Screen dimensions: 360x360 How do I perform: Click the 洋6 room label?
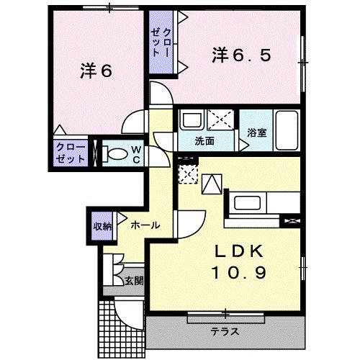point(95,71)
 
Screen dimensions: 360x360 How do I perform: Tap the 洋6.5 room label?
point(241,54)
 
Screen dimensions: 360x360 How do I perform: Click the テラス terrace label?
point(225,332)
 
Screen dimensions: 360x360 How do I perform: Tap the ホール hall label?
point(145,225)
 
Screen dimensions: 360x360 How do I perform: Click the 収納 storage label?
point(102,226)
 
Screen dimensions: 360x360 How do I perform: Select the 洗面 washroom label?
point(204,141)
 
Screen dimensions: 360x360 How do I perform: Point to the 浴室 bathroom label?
point(257,132)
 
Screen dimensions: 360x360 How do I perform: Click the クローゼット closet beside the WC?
point(71,152)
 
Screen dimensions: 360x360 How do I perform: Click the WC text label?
point(135,152)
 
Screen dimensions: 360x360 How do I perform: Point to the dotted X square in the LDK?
point(187,173)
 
